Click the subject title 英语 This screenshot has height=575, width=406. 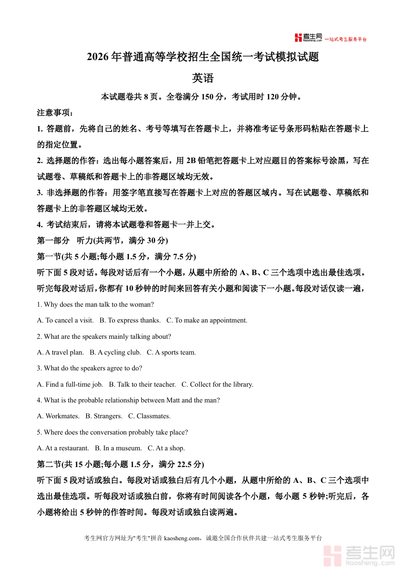tap(203, 78)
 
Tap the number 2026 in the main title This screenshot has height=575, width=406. tap(98, 57)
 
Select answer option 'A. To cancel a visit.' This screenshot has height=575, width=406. tap(65, 320)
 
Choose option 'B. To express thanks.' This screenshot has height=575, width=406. tap(130, 320)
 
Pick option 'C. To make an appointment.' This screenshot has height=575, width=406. tap(207, 320)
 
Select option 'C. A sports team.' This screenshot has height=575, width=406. tap(171, 352)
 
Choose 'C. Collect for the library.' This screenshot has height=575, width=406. tap(217, 384)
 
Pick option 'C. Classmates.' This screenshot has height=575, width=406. tap(149, 416)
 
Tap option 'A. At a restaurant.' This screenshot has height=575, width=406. tap(63, 448)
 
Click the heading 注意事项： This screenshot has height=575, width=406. tap(55, 113)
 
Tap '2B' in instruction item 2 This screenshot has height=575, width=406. tap(192, 161)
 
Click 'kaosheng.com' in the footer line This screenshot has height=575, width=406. tap(181, 538)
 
